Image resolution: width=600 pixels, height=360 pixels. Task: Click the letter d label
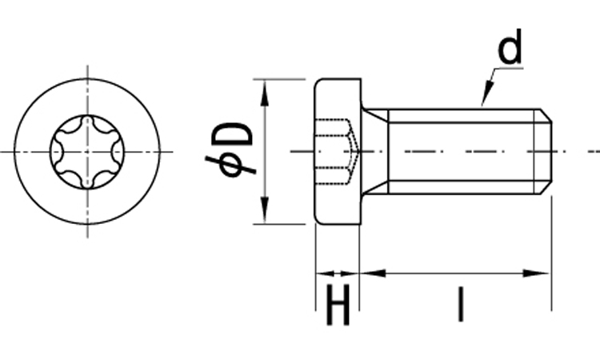(510, 50)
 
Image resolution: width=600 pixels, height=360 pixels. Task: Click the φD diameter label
(230, 150)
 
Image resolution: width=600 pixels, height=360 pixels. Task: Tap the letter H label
(338, 307)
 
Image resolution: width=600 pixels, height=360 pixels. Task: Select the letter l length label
(459, 305)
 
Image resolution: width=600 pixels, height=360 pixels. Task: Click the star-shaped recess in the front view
(86, 150)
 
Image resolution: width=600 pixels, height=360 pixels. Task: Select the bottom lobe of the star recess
(86, 183)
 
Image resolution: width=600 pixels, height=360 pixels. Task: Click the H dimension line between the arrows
(338, 273)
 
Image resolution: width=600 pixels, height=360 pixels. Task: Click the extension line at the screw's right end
(551, 256)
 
